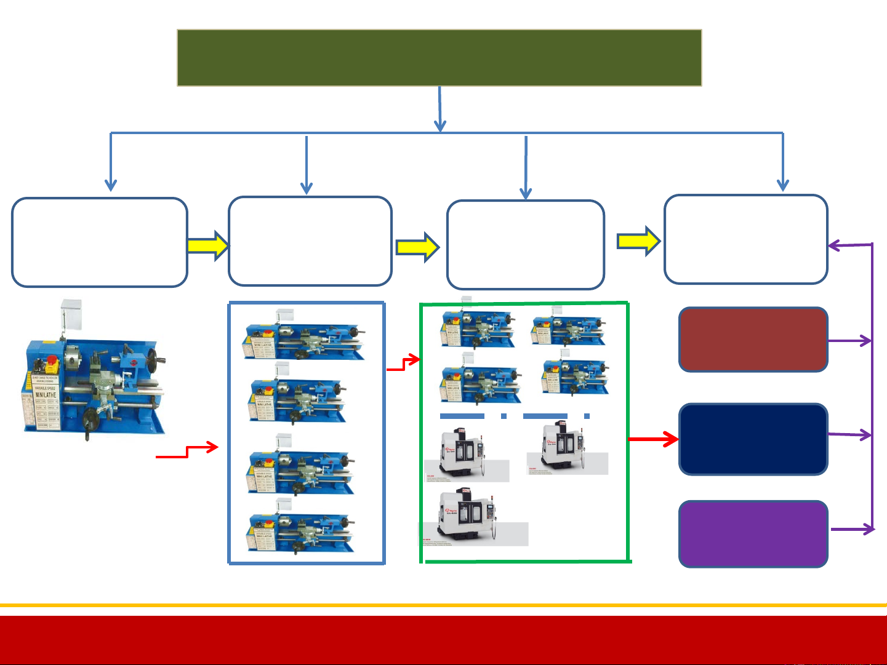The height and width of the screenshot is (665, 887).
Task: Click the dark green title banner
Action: tap(439, 58)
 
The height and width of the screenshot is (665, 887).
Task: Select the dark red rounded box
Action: tap(753, 340)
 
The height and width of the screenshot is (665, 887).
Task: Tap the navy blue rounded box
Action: tap(753, 439)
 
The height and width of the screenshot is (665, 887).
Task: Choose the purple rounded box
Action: tap(753, 533)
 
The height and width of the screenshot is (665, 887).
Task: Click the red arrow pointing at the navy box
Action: tap(653, 439)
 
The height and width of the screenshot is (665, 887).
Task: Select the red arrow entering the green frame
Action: tap(404, 364)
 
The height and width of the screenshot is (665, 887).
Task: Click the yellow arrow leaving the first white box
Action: tap(208, 245)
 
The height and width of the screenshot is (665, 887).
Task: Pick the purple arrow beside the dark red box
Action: tap(850, 340)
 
